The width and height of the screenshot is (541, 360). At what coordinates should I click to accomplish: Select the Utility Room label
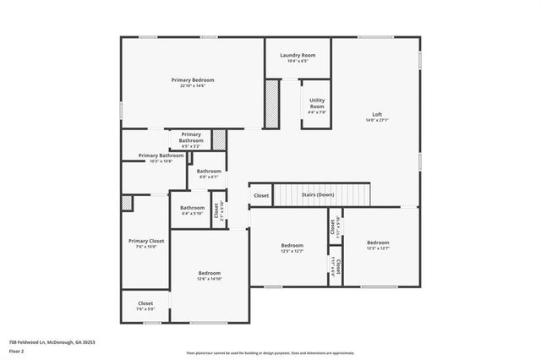point(317,103)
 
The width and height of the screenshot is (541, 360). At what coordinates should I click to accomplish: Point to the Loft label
point(377,115)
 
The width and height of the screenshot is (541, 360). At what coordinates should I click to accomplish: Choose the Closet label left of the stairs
point(261,195)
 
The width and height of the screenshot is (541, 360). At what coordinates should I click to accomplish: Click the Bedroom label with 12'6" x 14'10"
point(210,273)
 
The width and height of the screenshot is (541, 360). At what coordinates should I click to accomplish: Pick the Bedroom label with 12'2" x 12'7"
point(378,243)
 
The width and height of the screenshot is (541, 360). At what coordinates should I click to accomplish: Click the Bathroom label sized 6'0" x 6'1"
point(209,172)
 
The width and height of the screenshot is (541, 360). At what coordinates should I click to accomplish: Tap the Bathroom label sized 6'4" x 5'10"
point(192,207)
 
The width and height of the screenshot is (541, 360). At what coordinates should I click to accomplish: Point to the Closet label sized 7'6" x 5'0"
point(145,303)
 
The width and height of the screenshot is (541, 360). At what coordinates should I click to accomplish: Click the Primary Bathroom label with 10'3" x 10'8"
point(161,155)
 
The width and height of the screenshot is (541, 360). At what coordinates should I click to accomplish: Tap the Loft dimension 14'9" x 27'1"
point(377,121)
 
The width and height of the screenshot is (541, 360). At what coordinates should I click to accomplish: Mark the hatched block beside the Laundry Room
point(271,104)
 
